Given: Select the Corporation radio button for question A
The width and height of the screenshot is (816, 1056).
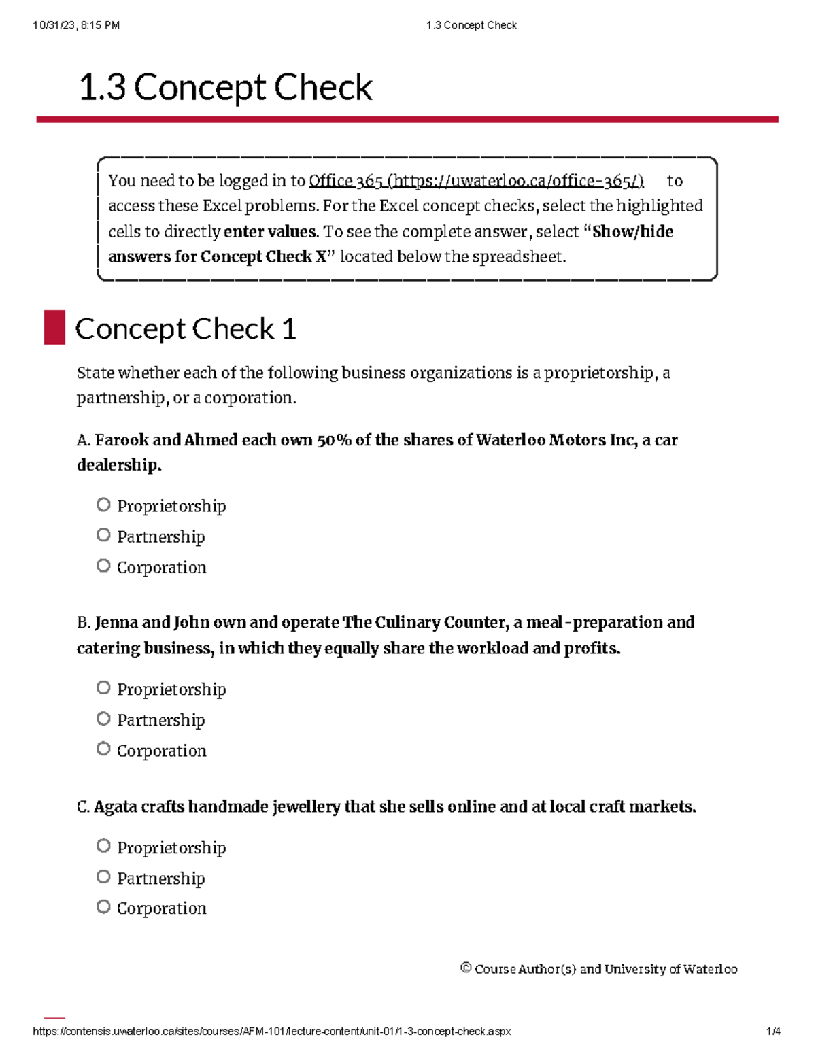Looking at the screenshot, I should [x=103, y=566].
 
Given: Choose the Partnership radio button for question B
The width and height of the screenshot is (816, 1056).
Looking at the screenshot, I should [x=103, y=718].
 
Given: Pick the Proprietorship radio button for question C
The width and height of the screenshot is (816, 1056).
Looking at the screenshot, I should [x=103, y=845].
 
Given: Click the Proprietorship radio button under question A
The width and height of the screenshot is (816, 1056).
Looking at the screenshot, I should [x=103, y=505].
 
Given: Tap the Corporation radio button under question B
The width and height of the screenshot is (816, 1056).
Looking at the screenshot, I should [x=103, y=749].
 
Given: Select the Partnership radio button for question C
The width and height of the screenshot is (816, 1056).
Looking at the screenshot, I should [x=103, y=876].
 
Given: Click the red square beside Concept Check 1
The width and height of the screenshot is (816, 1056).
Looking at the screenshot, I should [x=54, y=328].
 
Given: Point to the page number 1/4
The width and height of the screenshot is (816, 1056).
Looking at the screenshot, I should [x=773, y=1032].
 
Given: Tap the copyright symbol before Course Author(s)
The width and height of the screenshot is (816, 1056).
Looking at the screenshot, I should [x=466, y=968].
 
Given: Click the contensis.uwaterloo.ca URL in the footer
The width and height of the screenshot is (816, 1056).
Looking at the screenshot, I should [x=272, y=1032].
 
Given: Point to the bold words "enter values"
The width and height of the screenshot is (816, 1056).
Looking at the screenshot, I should [x=270, y=232].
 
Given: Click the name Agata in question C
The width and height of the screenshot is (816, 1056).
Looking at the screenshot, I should [x=115, y=807].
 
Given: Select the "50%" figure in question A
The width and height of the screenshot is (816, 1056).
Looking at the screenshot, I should [x=334, y=440].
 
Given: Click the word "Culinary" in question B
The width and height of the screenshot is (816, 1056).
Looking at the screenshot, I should [x=407, y=623].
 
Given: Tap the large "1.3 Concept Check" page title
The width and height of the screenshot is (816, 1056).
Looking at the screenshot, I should [x=226, y=88].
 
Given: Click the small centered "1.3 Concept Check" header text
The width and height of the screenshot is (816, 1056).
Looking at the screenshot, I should [x=471, y=25].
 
